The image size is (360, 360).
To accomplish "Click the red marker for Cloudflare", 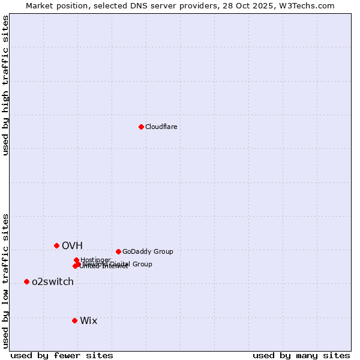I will click(141, 127).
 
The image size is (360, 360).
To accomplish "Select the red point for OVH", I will click(56, 245).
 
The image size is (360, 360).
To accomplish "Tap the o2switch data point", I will click(26, 281).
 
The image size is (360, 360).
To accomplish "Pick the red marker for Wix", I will click(74, 320).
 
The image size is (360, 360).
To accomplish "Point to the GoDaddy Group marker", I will click(118, 251).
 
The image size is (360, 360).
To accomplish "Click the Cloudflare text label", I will click(161, 127).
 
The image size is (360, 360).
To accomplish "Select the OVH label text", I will click(72, 245).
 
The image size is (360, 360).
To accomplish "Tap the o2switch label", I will click(53, 282).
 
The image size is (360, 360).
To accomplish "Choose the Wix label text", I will click(89, 320).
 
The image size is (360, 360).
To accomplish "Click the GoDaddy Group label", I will click(148, 251).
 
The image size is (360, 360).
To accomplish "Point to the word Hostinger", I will click(95, 260).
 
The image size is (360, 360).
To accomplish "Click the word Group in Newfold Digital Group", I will click(142, 264).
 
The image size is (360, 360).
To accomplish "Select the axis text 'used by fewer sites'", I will click(62, 355).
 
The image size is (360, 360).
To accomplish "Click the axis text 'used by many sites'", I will click(301, 355).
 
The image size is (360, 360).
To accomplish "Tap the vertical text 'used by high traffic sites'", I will click(5, 85).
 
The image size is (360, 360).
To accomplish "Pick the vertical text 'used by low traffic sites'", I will click(5, 281).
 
